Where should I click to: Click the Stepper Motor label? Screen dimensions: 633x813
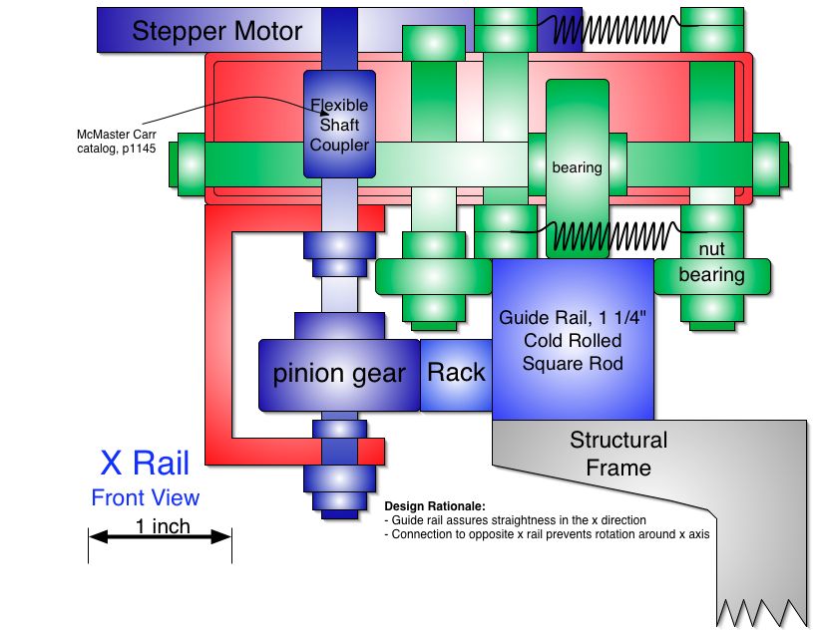216,31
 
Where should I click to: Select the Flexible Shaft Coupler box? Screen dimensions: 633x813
339,125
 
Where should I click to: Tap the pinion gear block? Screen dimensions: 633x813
339,375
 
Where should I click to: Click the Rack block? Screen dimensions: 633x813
456,373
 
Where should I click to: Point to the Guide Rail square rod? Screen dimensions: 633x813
573,339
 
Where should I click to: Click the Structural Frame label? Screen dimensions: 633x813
618,454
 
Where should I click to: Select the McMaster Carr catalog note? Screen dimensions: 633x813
117,142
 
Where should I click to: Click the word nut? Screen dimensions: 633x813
712,248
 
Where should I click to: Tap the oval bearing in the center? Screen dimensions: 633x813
577,167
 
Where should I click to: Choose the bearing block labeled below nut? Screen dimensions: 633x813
712,275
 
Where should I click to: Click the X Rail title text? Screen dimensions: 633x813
145,464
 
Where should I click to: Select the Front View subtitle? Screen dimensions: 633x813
145,497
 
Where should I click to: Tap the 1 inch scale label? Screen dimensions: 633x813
163,526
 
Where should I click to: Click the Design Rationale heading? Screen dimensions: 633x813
434,506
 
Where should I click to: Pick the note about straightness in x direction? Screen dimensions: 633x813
515,520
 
